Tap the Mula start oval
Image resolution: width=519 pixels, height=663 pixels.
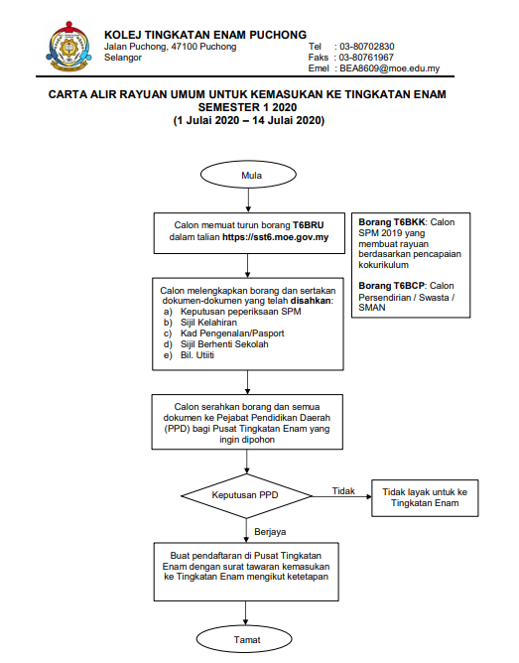coord(248,175)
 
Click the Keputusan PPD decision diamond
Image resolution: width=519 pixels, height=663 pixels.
coord(246,495)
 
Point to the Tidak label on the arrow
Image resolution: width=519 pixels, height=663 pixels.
coord(343,491)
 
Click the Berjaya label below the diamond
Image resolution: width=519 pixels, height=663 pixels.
coord(270,532)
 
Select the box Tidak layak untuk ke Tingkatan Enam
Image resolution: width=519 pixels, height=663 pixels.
coord(425,497)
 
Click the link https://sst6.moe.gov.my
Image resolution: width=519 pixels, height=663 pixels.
coord(276,237)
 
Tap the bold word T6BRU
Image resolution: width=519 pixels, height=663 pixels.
coord(309,225)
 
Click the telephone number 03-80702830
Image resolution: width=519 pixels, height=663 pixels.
coord(367,47)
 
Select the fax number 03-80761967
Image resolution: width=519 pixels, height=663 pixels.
coord(366,58)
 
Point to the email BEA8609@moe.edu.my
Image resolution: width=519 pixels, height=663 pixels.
coord(390,68)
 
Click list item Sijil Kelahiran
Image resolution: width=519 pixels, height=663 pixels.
coord(208,323)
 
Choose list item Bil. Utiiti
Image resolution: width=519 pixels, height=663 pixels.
coord(197,355)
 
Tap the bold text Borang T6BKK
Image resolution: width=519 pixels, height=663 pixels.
coord(392,222)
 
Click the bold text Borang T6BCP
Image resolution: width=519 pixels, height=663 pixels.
coord(391,286)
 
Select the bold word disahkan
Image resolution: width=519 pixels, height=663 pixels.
coord(311,301)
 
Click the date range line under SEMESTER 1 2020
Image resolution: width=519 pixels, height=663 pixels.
coord(248,120)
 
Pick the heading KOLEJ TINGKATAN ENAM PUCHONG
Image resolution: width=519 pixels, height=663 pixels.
coord(205,35)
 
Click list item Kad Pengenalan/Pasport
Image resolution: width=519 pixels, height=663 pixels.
coord(232,333)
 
